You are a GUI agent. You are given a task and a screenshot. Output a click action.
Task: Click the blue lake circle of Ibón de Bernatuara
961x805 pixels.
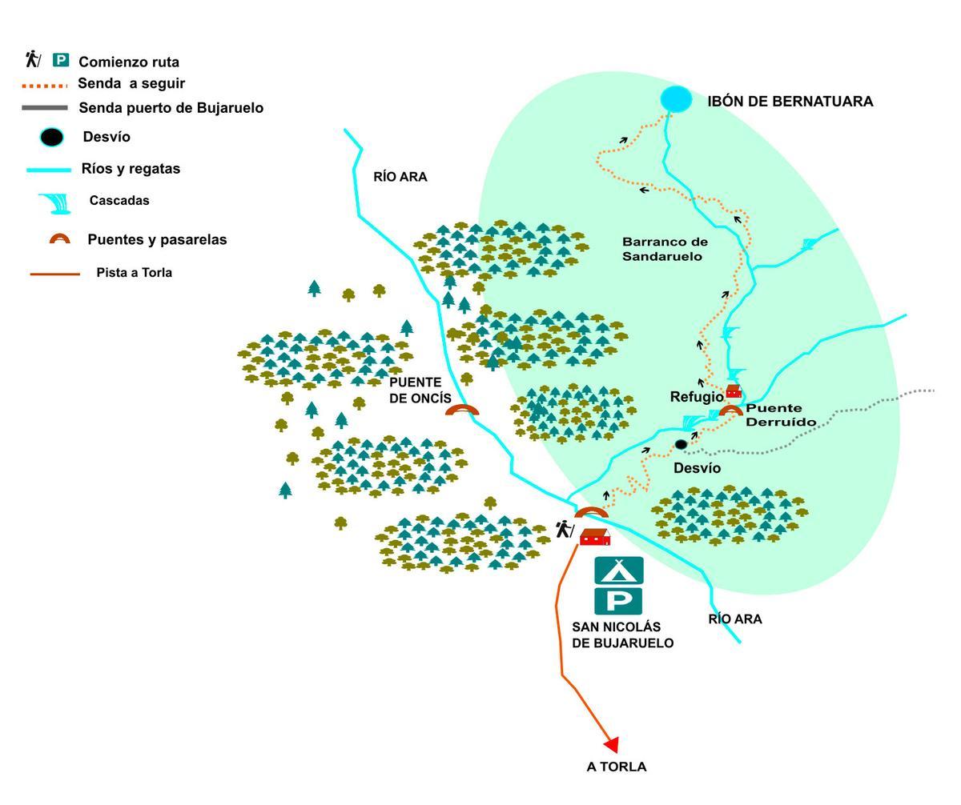pyautogui.click(x=676, y=99)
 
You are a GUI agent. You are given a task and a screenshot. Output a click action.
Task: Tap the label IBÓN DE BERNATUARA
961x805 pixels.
pyautogui.click(x=790, y=102)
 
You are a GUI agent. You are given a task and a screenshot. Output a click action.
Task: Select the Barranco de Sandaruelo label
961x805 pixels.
pyautogui.click(x=665, y=249)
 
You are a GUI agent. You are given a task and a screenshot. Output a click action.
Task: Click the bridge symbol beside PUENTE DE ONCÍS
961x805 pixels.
pyautogui.click(x=462, y=410)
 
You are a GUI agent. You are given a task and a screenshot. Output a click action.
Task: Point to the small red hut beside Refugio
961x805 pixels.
pyautogui.click(x=733, y=391)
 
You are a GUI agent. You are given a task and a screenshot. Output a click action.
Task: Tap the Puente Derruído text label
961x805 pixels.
pyautogui.click(x=781, y=415)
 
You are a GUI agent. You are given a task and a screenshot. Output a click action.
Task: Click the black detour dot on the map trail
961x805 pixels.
pyautogui.click(x=681, y=444)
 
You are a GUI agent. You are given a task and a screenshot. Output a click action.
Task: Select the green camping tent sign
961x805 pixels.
pyautogui.click(x=618, y=570)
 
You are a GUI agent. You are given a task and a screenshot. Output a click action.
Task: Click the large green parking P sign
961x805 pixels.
pyautogui.click(x=618, y=600)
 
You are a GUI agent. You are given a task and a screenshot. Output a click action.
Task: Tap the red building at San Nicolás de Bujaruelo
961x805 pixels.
pyautogui.click(x=595, y=537)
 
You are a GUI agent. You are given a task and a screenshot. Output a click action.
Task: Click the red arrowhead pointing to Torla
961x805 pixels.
pyautogui.click(x=612, y=745)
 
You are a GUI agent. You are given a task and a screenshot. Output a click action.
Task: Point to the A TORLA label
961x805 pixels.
pyautogui.click(x=616, y=767)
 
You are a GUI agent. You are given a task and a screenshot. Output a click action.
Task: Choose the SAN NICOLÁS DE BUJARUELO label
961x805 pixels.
pyautogui.click(x=622, y=635)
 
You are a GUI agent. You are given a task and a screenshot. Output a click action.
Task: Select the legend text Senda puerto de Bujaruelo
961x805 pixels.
pyautogui.click(x=171, y=107)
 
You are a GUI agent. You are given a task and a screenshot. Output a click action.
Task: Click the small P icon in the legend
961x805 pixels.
pyautogui.click(x=61, y=60)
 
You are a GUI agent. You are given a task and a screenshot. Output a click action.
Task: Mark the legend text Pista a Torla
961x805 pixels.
pyautogui.click(x=134, y=272)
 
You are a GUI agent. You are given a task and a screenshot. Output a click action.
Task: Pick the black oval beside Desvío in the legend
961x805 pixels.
pyautogui.click(x=52, y=137)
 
